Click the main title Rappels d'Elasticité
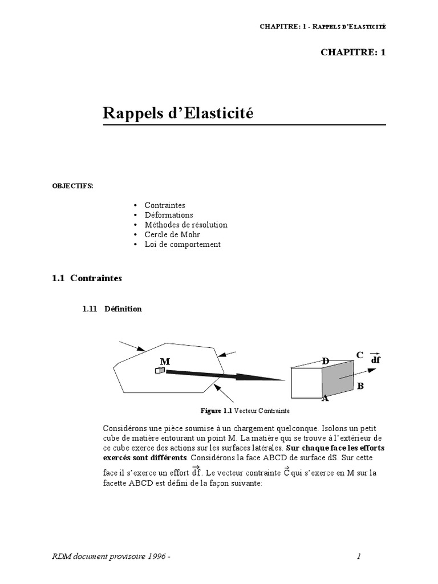coord(178,113)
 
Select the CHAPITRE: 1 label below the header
coord(353,52)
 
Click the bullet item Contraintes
coord(165,205)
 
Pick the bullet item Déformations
coord(169,215)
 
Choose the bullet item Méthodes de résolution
coord(186,225)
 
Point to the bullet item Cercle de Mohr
coord(172,234)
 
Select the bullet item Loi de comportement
coord(182,244)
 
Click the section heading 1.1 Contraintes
coord(87,278)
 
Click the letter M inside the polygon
coord(165,362)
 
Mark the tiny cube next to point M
coord(160,371)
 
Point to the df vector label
coord(375,360)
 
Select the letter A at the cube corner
coord(325,399)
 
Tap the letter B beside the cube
coord(360,386)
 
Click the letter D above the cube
coord(326,361)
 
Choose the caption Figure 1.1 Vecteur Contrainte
coord(245,411)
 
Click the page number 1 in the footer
coord(359,557)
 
